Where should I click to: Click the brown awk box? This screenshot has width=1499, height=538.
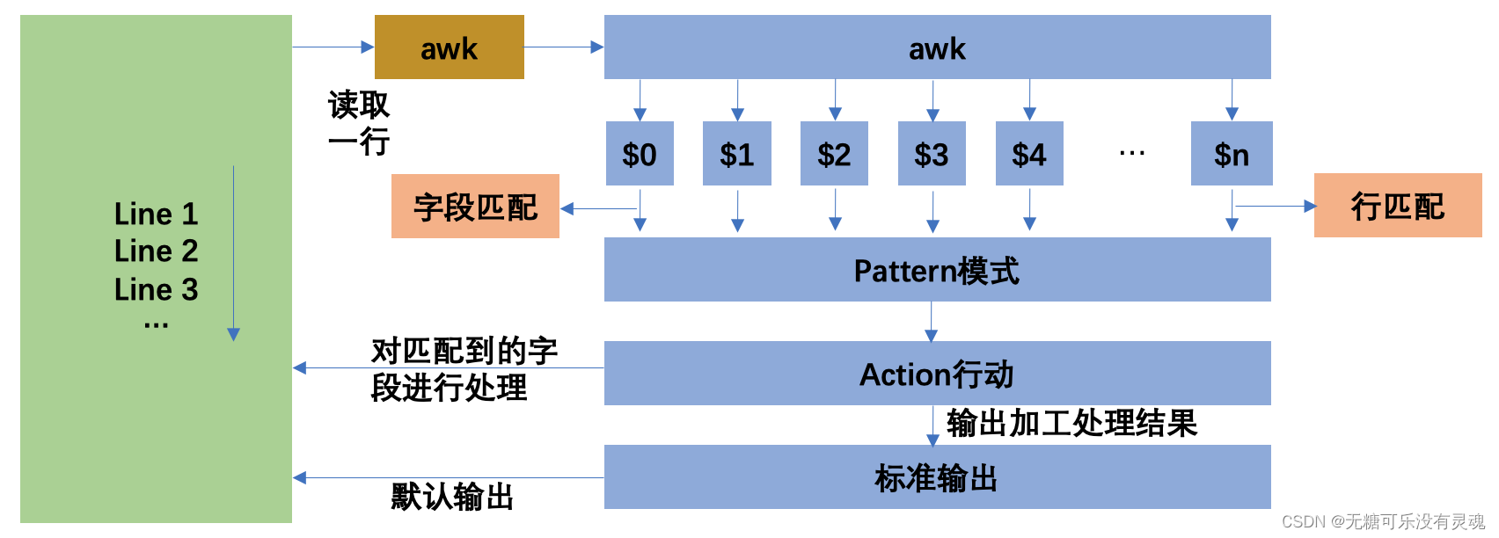click(x=449, y=47)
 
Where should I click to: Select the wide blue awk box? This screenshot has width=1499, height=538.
click(x=937, y=47)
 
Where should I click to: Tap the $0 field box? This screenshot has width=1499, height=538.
click(x=640, y=154)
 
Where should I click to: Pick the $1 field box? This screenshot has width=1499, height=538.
click(x=737, y=154)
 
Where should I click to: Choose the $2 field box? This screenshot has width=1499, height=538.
click(x=834, y=154)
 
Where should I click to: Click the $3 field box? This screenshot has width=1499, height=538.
click(x=932, y=154)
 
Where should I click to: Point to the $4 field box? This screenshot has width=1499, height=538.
click(x=1029, y=154)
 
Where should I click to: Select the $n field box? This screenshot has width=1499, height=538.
click(x=1232, y=154)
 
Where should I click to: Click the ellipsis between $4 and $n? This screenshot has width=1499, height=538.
click(x=1131, y=154)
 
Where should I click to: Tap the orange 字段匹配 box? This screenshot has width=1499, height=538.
click(x=475, y=207)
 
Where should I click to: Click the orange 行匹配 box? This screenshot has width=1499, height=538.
click(x=1398, y=206)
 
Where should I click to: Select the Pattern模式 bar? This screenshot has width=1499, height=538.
click(x=937, y=270)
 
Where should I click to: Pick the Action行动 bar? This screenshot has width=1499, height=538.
click(x=937, y=374)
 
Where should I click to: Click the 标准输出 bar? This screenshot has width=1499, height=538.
click(x=937, y=477)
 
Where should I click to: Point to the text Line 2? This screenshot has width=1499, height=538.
click(x=156, y=251)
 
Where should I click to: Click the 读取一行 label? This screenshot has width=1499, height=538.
click(x=358, y=123)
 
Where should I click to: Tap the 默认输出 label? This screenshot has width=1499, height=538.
click(x=452, y=497)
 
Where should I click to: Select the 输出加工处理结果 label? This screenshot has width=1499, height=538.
click(x=1071, y=424)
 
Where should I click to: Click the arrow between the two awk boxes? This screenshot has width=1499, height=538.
click(x=563, y=47)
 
